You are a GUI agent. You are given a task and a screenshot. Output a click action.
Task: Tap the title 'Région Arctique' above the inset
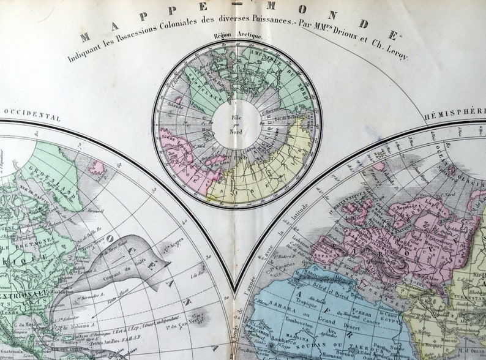[x=237, y=36]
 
